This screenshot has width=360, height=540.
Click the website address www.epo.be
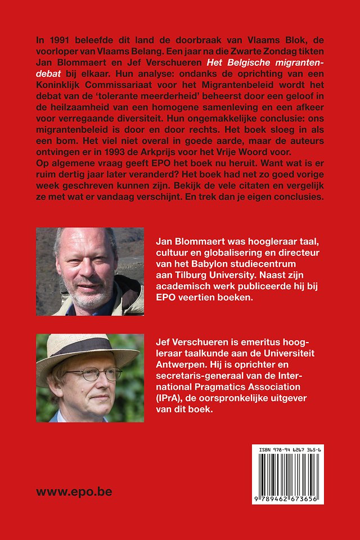[74, 492]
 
